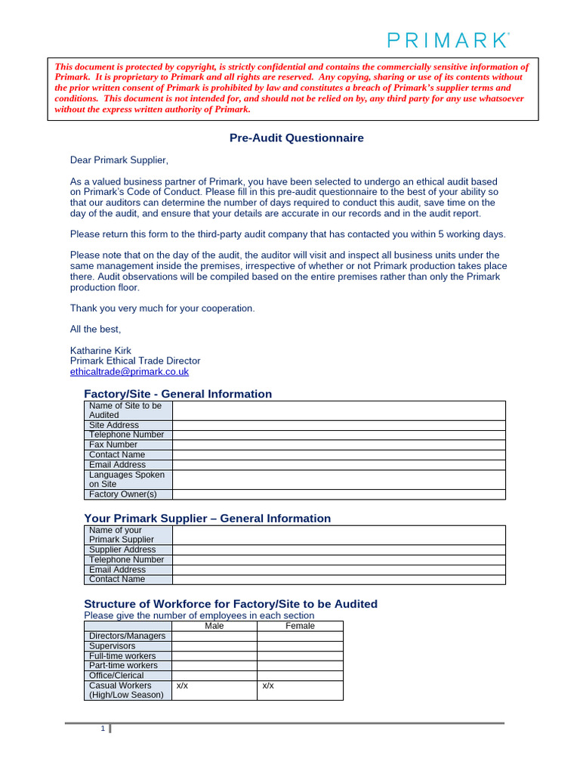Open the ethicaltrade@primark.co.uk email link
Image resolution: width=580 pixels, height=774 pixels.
point(129,372)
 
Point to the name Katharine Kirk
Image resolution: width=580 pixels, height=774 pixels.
point(100,351)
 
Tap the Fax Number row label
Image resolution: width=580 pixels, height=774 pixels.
point(113,444)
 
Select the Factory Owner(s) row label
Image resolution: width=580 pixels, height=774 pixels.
point(122,494)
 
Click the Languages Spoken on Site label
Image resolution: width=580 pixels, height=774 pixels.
point(126,479)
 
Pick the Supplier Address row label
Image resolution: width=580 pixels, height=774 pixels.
point(122,550)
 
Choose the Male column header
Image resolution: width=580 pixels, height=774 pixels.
point(214,626)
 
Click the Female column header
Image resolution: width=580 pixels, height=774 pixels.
point(300,626)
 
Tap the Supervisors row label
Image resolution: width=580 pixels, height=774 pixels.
point(113,646)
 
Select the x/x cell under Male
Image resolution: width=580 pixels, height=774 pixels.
point(182,686)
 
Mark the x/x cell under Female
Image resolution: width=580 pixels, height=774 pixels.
point(268,686)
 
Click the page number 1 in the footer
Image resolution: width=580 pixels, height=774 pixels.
point(103,729)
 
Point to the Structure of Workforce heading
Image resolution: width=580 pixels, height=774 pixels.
point(230,604)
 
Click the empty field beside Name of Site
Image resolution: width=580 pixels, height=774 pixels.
point(338,410)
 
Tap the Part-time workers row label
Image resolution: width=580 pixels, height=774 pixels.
point(123,666)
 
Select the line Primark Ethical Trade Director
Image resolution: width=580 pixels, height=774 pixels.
point(135,361)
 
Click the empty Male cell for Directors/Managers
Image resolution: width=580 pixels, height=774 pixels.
point(214,636)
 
